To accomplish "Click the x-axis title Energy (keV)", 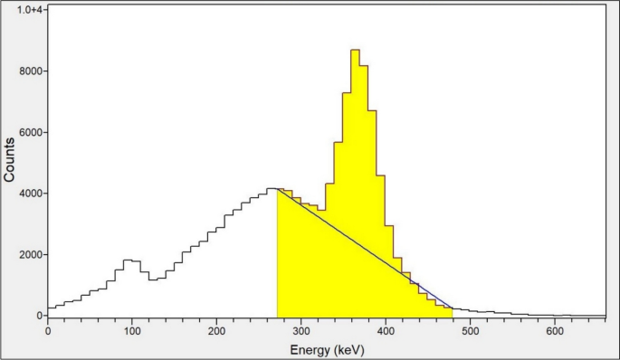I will [x=326, y=348].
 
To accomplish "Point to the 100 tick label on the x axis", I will [x=132, y=330].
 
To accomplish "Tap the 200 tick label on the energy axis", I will [x=216, y=330].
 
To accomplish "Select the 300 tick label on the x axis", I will [x=301, y=330].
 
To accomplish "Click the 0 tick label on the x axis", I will [x=48, y=330].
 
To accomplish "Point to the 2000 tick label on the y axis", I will [x=33, y=255].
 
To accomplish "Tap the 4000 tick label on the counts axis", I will [x=33, y=194].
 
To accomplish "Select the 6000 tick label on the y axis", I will [x=33, y=132].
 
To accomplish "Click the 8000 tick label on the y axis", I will [x=33, y=71].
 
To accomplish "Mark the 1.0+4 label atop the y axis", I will [x=33, y=9].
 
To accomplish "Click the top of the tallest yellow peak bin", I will [x=355, y=50].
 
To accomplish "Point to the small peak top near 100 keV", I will [x=128, y=261].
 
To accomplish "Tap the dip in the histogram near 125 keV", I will [x=153, y=279].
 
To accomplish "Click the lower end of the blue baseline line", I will [x=452, y=308].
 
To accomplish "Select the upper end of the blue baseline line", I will [x=277, y=189].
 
